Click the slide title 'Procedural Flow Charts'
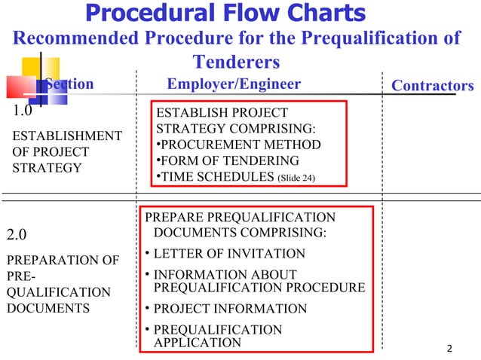[226, 13]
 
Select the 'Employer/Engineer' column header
[233, 84]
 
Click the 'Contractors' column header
[432, 85]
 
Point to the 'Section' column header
[69, 84]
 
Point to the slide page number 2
[449, 348]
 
